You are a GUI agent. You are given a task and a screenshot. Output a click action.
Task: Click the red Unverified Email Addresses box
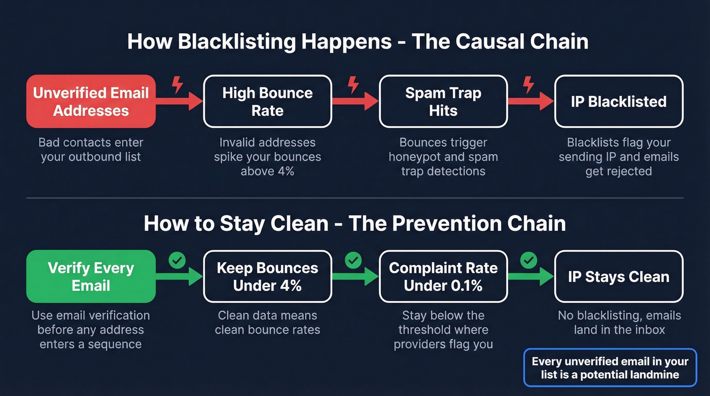(91, 101)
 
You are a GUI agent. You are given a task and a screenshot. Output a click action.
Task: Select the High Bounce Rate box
(267, 101)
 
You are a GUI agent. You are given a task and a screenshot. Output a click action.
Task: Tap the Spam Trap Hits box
(443, 101)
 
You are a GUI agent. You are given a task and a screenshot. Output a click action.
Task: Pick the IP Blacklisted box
(619, 101)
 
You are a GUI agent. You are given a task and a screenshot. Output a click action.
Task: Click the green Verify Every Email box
(91, 276)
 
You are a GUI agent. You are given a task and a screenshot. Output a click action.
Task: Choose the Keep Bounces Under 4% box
(267, 276)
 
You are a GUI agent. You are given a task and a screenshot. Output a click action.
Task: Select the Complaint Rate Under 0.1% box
(443, 276)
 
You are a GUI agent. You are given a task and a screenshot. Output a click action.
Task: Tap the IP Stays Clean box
(619, 276)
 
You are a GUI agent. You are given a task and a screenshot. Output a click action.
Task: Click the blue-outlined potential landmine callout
(610, 368)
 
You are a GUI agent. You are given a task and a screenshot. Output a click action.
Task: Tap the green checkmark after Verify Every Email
(177, 261)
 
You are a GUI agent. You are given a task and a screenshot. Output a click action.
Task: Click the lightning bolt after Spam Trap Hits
(529, 84)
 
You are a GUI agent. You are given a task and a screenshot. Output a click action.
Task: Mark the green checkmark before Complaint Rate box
(353, 261)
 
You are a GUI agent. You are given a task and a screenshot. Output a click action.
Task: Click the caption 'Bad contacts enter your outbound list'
(91, 150)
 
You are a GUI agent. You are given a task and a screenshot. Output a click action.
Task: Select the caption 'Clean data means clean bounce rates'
(267, 322)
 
